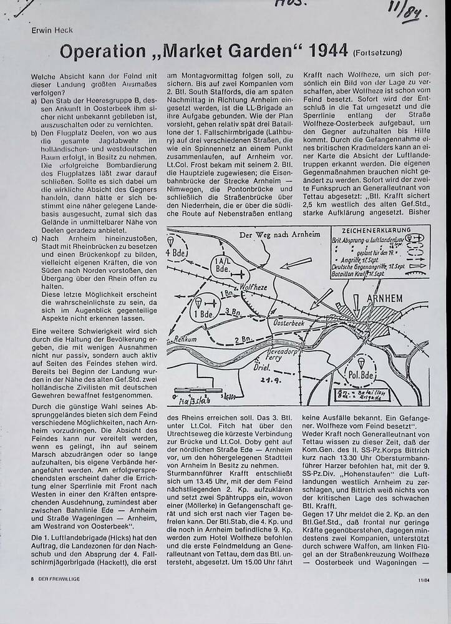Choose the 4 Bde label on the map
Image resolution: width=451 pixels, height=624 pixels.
(176, 253)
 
